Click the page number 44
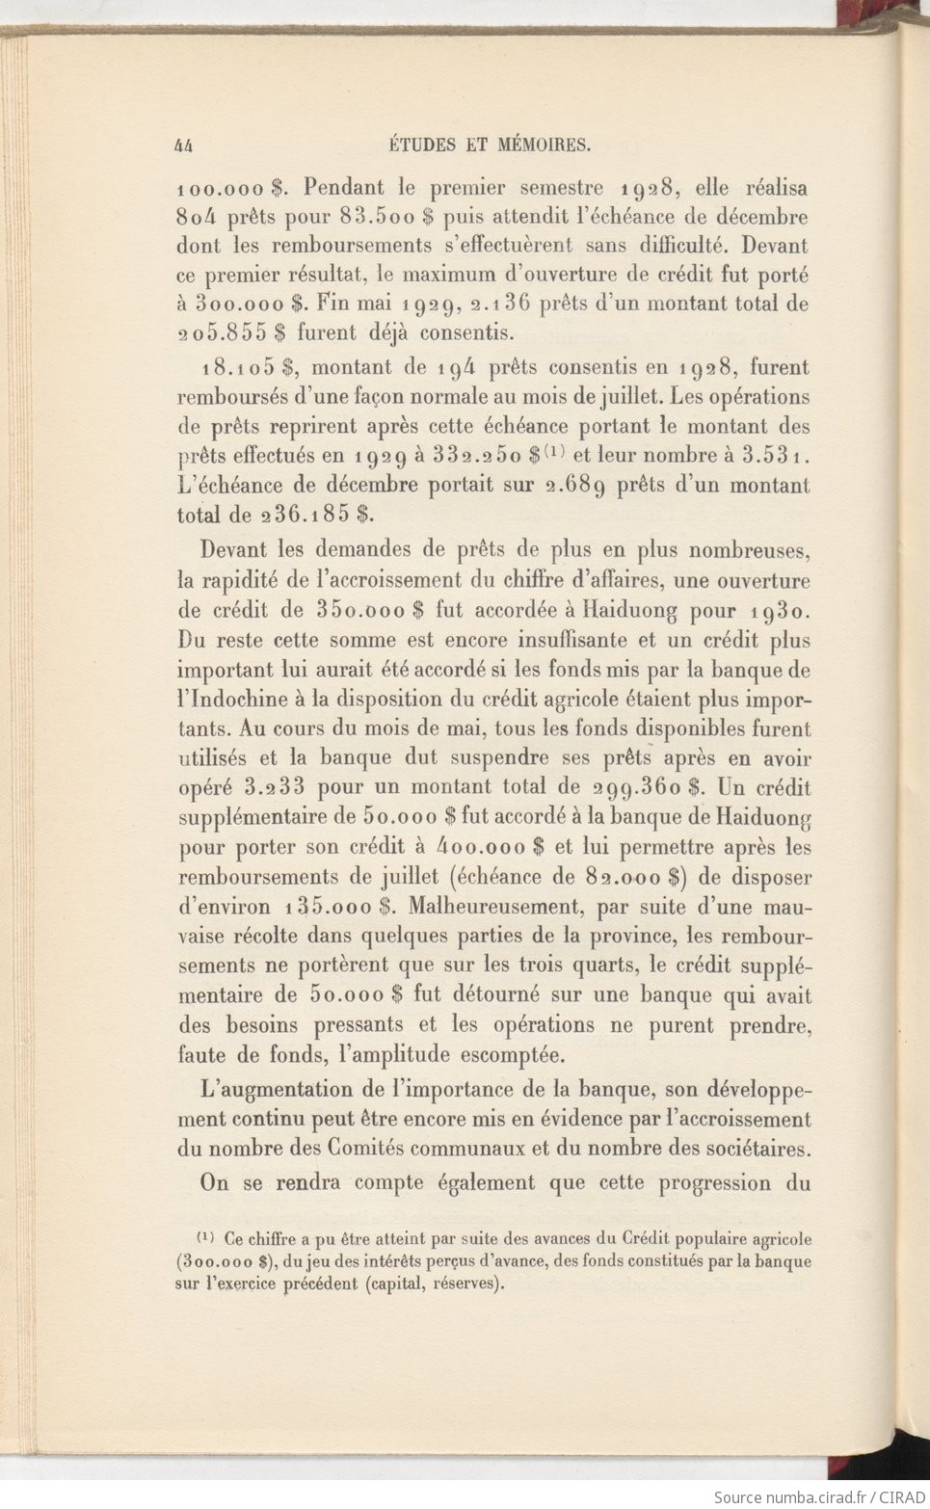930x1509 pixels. [185, 146]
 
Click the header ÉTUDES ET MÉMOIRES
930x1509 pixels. [489, 146]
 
